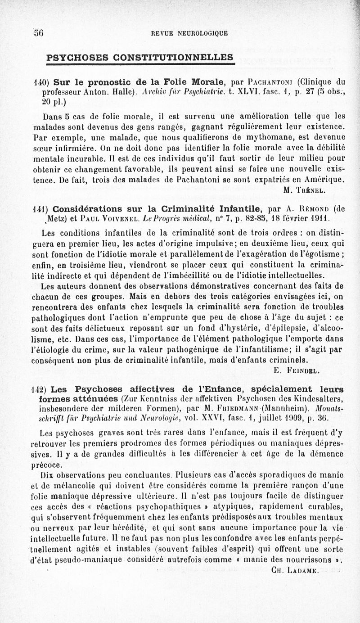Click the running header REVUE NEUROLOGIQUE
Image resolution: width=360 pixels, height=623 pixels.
189,33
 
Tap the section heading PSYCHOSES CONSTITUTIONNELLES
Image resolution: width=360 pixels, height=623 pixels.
140,58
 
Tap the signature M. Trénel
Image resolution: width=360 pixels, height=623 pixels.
304,189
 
